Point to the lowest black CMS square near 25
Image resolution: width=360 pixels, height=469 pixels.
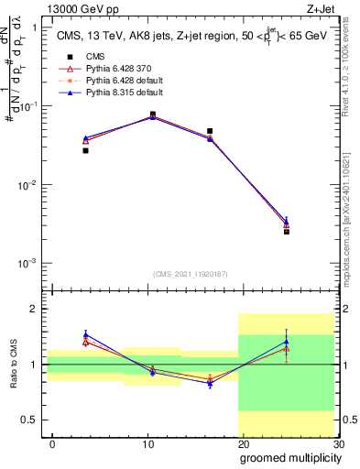pos(287,232)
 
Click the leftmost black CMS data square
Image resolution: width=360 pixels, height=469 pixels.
pos(85,150)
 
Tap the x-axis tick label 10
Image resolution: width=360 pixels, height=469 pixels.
pos(147,443)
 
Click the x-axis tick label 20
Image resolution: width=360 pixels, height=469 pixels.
pos(243,443)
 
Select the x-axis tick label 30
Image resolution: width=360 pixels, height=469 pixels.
pos(338,443)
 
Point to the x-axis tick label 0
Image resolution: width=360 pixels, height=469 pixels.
pos(52,443)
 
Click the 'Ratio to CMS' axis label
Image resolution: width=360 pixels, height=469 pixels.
pos(12,364)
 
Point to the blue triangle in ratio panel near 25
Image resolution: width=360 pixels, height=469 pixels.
pos(287,342)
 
